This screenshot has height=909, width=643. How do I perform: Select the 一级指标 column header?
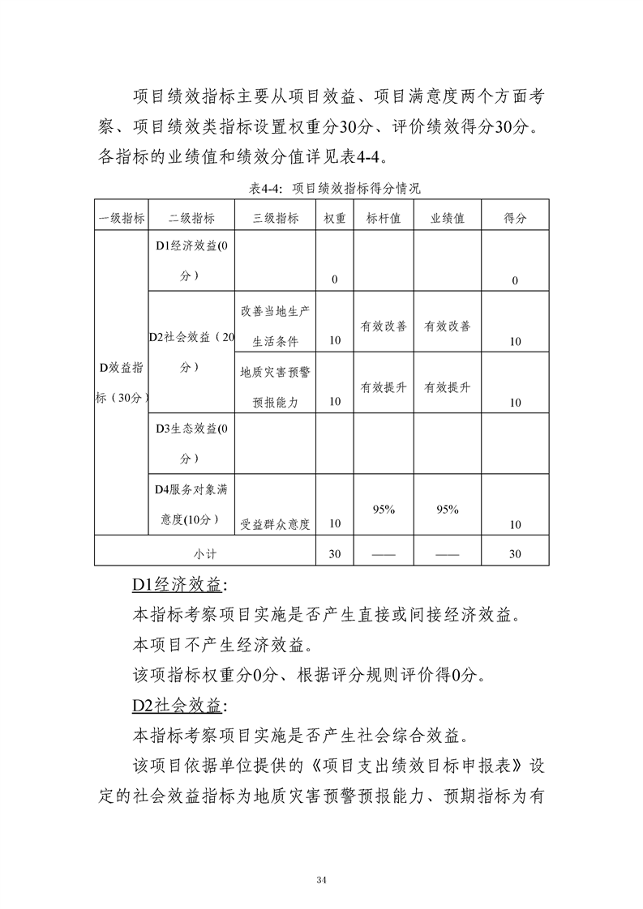click(121, 218)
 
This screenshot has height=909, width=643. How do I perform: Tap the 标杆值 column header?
click(384, 218)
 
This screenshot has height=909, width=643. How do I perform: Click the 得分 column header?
click(515, 218)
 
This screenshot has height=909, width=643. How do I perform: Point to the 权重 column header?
click(335, 218)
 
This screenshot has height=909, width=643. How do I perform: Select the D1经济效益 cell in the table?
click(191, 261)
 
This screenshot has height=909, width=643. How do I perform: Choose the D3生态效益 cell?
click(191, 443)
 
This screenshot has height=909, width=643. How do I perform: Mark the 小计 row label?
click(204, 554)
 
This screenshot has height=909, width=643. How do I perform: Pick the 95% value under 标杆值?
click(384, 510)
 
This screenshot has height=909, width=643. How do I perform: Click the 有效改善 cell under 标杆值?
click(384, 326)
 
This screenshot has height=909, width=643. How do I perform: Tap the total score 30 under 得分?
click(515, 554)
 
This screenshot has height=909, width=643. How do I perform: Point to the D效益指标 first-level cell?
click(121, 382)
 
